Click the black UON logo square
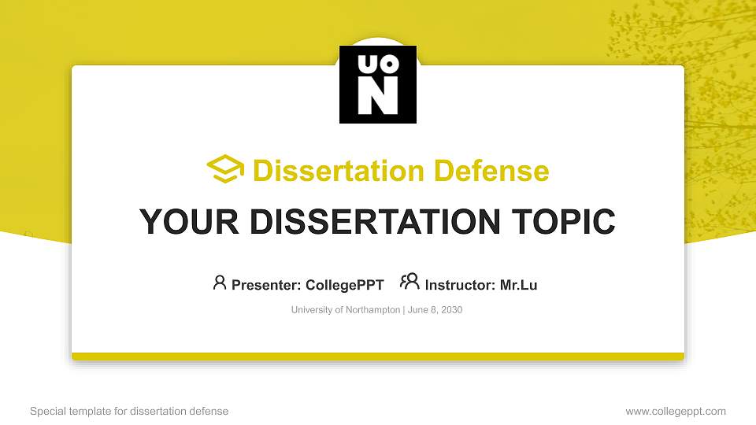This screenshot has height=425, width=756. tap(378, 84)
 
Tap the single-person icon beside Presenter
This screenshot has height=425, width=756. tap(220, 283)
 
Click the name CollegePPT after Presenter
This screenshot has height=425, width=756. tap(346, 285)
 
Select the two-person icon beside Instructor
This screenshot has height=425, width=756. tap(409, 282)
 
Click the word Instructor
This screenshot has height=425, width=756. tap(460, 285)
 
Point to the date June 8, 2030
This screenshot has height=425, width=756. tap(435, 310)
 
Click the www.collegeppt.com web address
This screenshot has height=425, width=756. tap(676, 411)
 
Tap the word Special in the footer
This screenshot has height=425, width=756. tap(46, 411)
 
